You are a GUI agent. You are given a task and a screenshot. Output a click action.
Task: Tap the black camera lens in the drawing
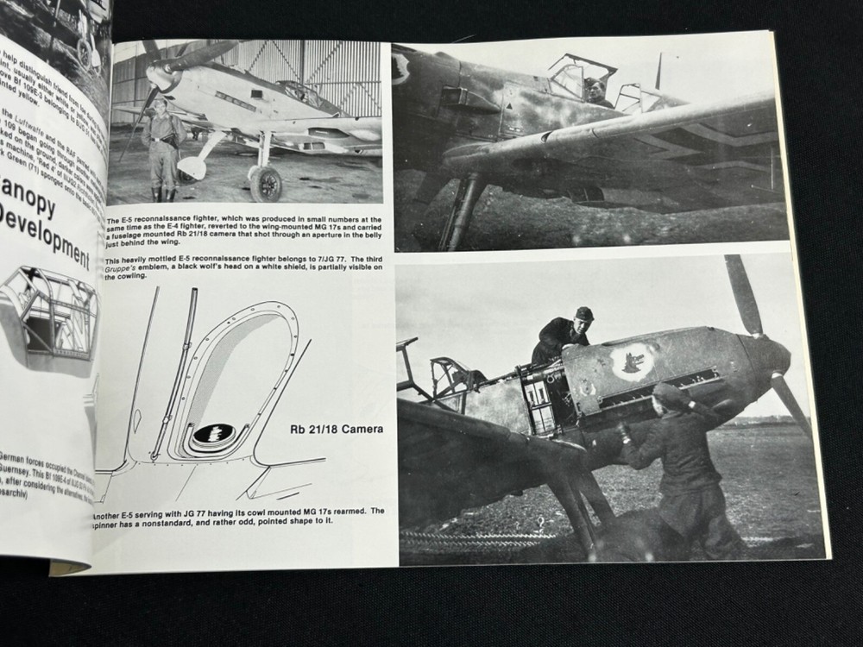click(x=213, y=433)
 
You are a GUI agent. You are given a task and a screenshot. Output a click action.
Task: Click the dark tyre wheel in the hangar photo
click(x=266, y=183)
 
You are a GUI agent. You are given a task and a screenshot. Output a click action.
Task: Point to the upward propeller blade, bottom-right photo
click(x=742, y=293)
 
